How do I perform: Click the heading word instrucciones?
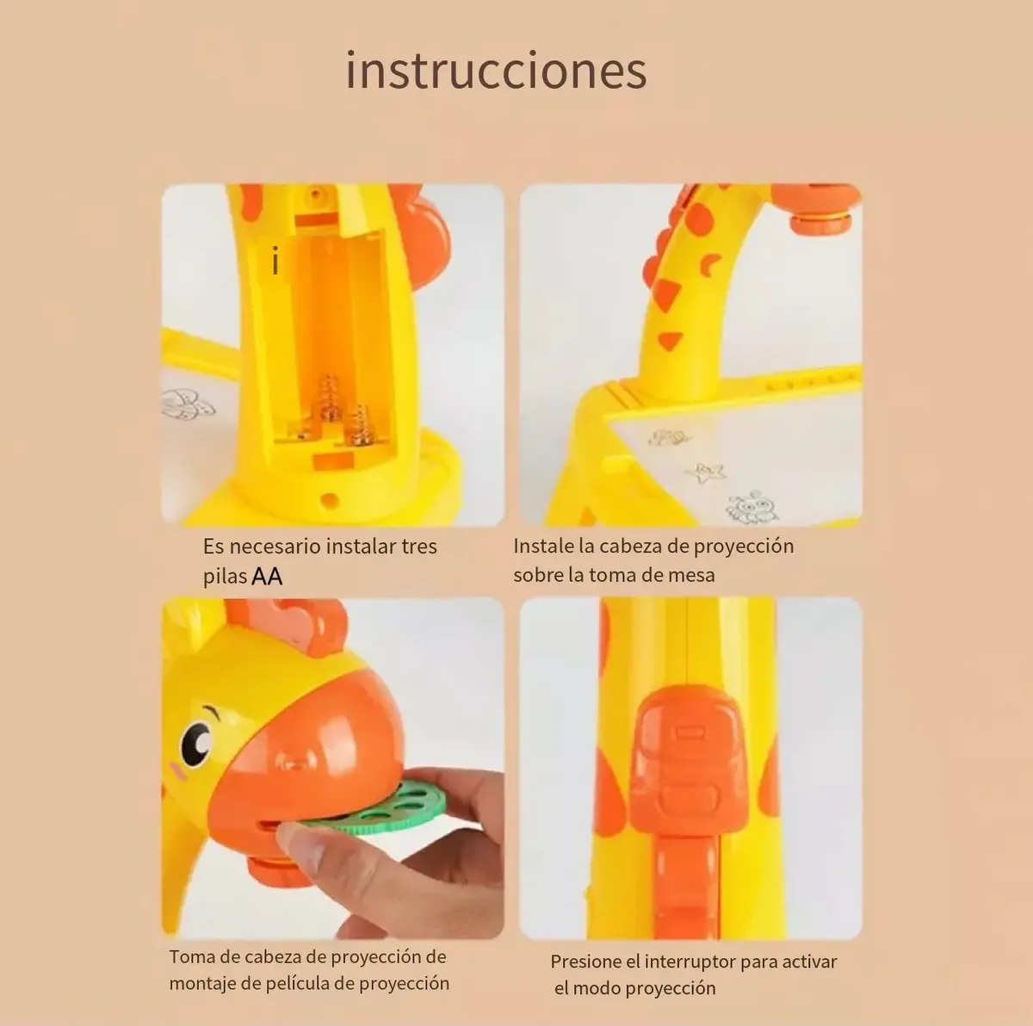tap(497, 71)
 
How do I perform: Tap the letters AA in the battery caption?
tap(267, 577)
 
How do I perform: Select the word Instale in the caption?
tap(542, 546)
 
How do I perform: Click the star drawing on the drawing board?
tap(705, 473)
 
